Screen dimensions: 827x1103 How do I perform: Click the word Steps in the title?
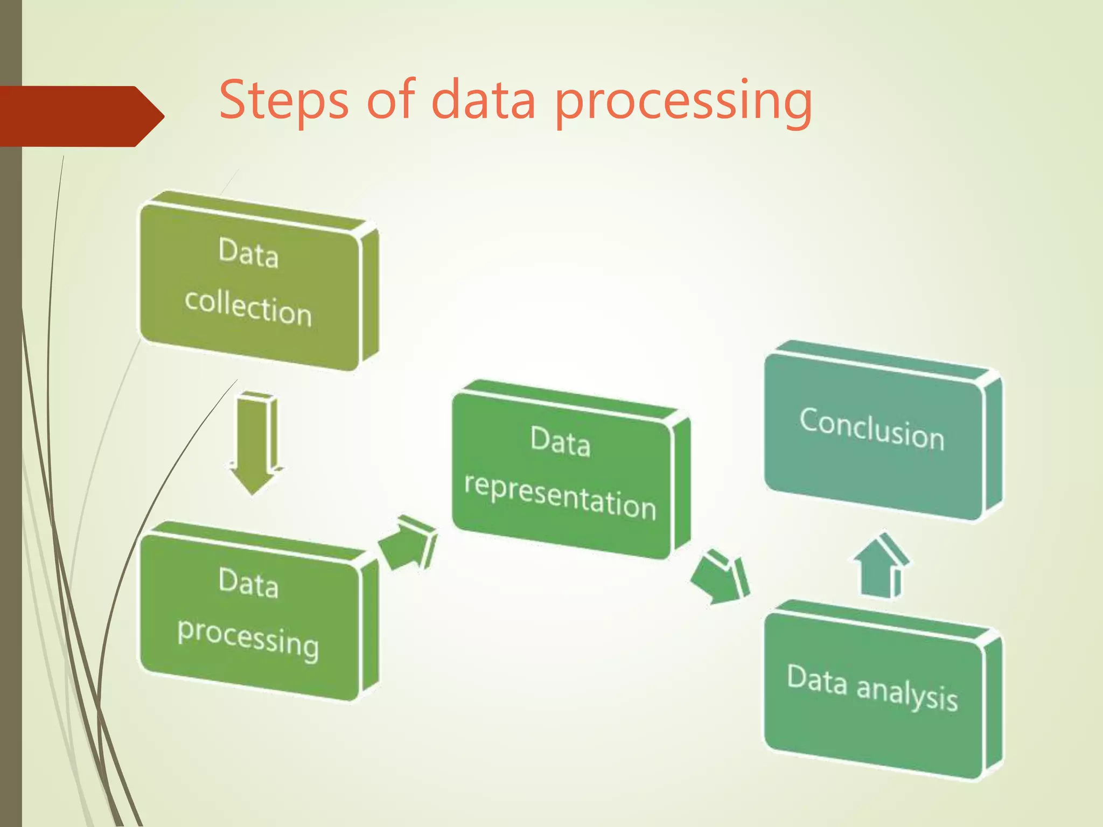pos(284,100)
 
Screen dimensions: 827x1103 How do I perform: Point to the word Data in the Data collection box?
pos(248,253)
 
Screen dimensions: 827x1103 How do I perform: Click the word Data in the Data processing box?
pos(248,583)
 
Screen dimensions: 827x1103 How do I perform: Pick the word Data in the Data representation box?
pos(560,441)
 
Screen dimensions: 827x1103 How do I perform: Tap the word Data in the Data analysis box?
pos(817,680)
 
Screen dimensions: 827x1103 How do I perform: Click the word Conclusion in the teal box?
pos(872,429)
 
